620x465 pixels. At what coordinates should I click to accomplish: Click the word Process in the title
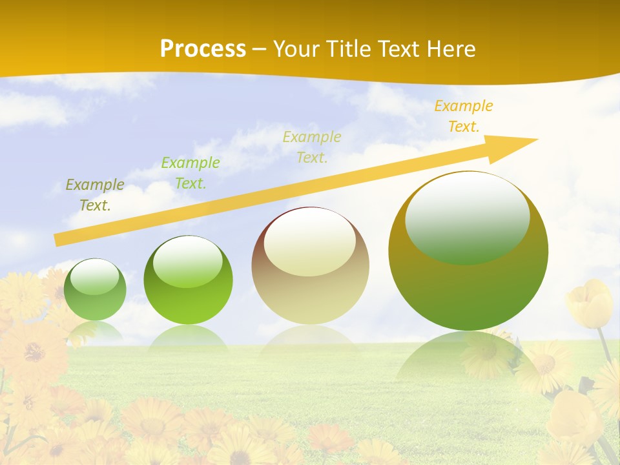tap(203, 49)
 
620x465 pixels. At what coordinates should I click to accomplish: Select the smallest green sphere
tap(95, 290)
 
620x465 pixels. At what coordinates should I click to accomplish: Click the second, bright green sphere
tap(188, 280)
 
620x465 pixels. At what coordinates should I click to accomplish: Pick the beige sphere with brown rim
tap(310, 265)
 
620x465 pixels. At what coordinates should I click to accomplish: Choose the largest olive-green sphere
tap(468, 251)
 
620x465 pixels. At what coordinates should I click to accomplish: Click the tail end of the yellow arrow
tap(57, 240)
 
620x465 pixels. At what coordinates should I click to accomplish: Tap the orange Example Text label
tap(463, 116)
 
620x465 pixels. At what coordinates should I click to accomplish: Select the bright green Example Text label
tap(191, 173)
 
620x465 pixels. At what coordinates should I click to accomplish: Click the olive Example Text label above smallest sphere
tap(95, 195)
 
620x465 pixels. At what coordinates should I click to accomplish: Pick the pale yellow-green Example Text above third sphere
tap(312, 147)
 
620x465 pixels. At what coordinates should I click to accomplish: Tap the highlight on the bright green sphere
tap(188, 262)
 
